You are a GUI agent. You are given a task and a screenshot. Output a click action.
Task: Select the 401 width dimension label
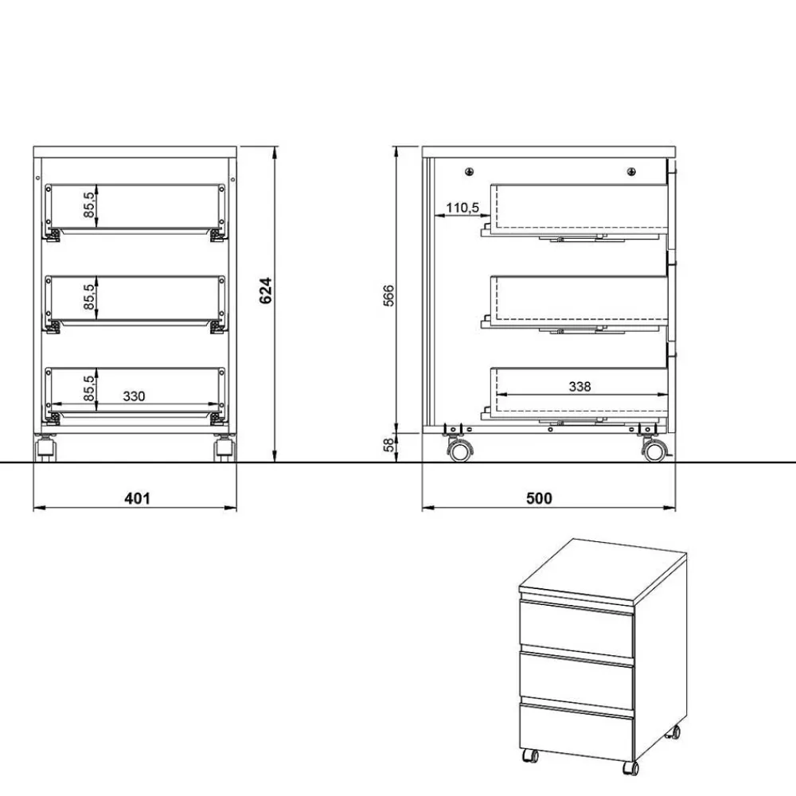point(138,499)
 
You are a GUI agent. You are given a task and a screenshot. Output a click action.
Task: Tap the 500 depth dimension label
point(539,499)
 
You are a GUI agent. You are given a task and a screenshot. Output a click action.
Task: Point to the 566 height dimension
point(388,295)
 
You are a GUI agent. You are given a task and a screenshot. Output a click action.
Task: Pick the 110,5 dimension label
point(462,208)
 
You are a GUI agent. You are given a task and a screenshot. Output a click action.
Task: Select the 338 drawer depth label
point(580,386)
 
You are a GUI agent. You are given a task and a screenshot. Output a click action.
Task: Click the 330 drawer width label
point(134,396)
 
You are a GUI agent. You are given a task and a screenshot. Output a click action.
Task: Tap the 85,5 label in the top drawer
point(89,205)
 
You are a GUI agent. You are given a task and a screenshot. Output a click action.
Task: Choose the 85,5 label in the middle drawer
point(89,296)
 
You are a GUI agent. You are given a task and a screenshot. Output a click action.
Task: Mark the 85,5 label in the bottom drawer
point(89,388)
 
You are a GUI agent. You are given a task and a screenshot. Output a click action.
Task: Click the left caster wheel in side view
point(458,451)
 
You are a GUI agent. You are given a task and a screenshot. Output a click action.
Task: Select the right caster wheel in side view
point(654,451)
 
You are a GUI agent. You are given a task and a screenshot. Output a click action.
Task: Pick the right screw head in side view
point(631,170)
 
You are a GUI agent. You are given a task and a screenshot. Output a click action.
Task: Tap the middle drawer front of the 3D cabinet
point(576,681)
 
